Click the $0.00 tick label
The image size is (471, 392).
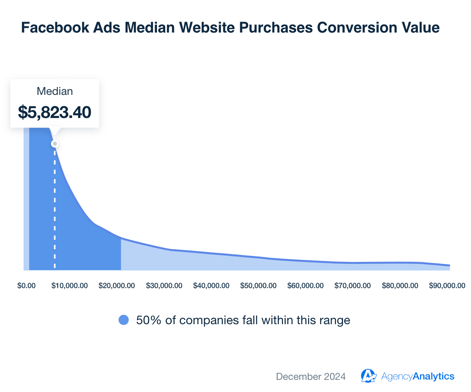point(26,286)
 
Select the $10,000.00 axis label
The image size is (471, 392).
point(69,286)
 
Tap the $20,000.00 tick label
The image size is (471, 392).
point(117,286)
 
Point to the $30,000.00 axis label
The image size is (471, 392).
point(164,286)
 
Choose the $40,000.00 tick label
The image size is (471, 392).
point(211,286)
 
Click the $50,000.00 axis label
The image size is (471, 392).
point(258,286)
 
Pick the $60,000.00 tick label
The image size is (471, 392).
point(305,286)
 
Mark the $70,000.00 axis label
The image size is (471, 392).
point(352,286)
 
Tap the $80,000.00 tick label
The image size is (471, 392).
point(400,286)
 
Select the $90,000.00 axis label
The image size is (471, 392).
point(447,286)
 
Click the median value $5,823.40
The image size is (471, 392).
point(55,112)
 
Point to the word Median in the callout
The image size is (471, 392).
point(55,91)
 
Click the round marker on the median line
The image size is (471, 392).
point(55,144)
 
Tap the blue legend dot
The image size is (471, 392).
point(124,320)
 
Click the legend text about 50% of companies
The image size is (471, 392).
point(243,320)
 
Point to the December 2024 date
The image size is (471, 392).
point(311,376)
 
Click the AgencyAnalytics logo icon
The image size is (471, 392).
point(369,376)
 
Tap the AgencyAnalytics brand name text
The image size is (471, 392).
point(418,376)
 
